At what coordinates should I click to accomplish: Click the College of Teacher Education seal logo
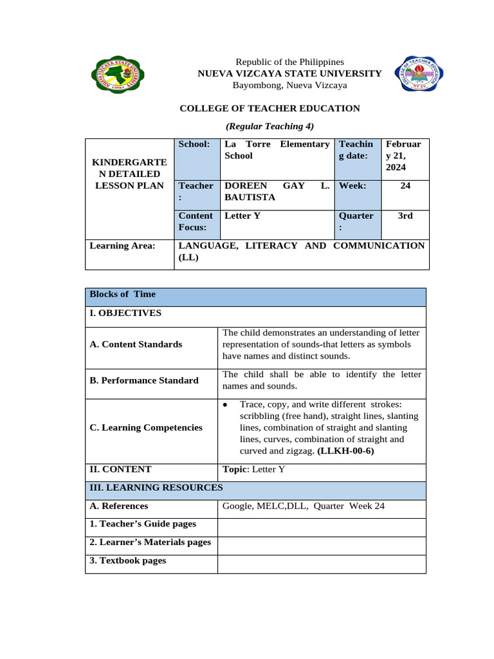421,73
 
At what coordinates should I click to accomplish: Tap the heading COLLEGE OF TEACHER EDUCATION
270,108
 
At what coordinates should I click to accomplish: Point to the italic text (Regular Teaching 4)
270,126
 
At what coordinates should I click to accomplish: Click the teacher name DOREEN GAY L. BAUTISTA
276,191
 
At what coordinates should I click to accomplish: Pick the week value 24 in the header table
405,185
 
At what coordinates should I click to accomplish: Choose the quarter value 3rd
405,216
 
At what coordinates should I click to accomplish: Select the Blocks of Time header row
255,295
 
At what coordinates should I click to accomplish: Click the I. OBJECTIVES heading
125,313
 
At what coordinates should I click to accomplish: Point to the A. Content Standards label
136,344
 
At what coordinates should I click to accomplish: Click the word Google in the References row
236,506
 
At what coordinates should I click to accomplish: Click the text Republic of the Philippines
289,61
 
